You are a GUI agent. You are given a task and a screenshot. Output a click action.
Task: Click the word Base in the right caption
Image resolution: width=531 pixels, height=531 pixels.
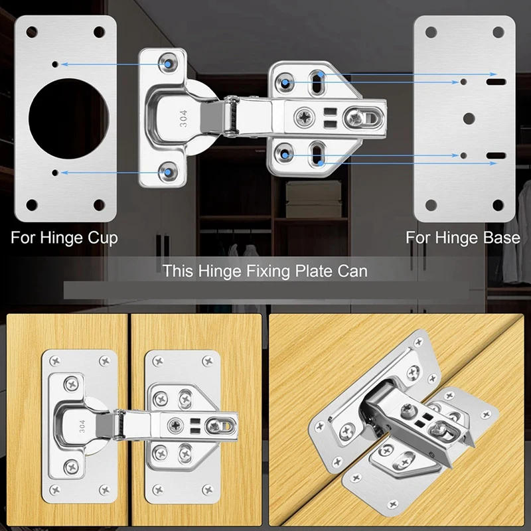pyautogui.click(x=500, y=238)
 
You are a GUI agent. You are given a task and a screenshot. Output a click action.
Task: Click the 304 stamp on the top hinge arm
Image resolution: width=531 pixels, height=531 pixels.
pyautogui.click(x=183, y=119)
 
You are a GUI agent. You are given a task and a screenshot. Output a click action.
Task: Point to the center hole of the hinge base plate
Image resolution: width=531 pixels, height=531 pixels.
pyautogui.click(x=469, y=118)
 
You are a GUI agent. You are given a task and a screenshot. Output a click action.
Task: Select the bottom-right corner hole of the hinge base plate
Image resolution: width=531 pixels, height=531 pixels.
pyautogui.click(x=498, y=204)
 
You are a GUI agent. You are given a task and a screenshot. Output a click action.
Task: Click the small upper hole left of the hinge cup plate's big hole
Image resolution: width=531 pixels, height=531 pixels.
pyautogui.click(x=54, y=64)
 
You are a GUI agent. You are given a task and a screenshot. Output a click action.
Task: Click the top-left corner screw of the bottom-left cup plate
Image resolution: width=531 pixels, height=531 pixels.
pyautogui.click(x=55, y=361)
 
